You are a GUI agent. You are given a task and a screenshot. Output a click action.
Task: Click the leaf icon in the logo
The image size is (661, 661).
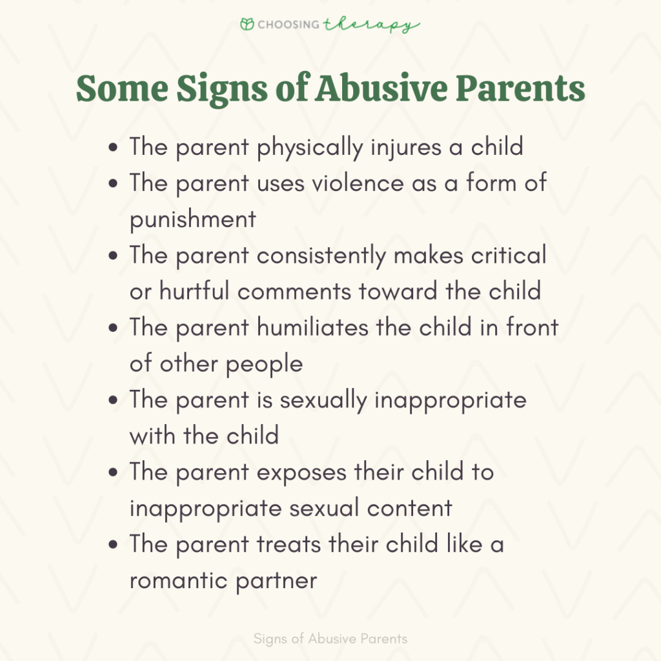coord(247,25)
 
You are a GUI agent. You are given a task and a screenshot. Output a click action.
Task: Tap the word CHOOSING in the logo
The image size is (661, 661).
coord(289,25)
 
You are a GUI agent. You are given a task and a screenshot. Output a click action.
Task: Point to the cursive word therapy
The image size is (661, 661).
coord(371,26)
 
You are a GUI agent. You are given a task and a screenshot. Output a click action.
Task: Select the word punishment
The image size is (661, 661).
coord(192,219)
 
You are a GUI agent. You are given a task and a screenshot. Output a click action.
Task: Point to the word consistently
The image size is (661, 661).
coord(321,255)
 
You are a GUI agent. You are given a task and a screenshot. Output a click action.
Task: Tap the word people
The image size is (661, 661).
coord(264,363)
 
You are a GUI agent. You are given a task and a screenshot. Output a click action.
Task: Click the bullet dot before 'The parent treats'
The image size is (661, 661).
coord(115,545)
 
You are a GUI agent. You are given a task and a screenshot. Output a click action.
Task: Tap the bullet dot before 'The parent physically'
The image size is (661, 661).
coord(115,148)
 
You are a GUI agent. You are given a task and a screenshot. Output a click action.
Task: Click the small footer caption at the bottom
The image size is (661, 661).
coord(330,639)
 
